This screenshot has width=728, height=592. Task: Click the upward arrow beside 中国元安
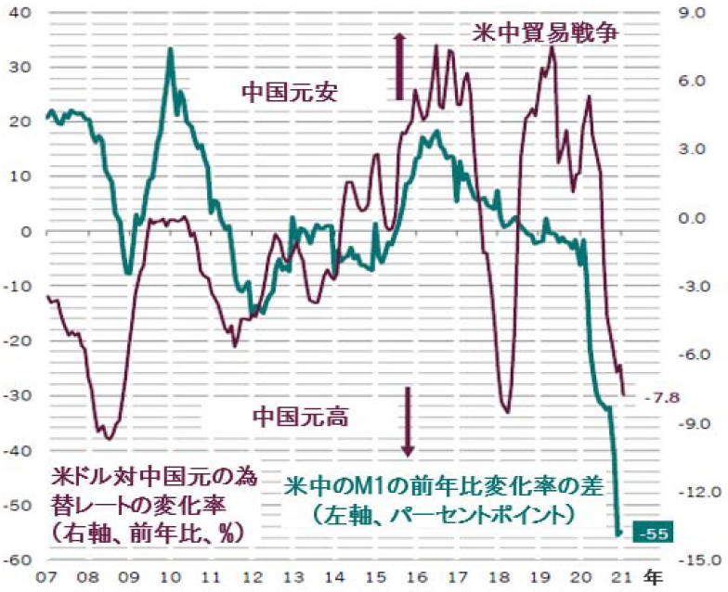[399, 65]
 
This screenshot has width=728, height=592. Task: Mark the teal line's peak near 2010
[171, 48]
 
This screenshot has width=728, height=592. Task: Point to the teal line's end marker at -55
[619, 533]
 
